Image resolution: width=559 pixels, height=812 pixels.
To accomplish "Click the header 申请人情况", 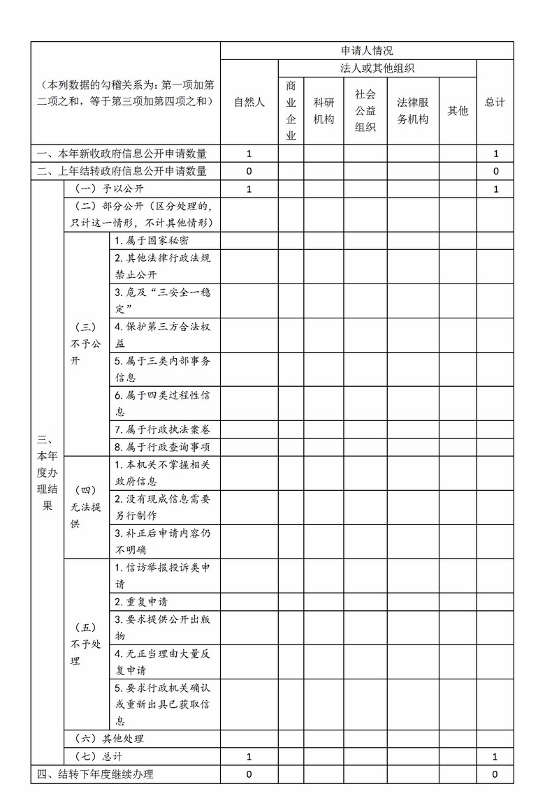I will pyautogui.click(x=367, y=50).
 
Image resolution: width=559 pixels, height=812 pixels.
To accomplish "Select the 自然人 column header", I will pyautogui.click(x=249, y=102).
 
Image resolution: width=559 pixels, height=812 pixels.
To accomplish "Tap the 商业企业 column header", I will pyautogui.click(x=291, y=110).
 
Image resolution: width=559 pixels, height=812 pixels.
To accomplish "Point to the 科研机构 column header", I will pyautogui.click(x=324, y=110).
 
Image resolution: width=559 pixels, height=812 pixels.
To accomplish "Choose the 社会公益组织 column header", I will pyautogui.click(x=365, y=110).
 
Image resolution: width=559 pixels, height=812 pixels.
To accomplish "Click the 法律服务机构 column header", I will pyautogui.click(x=413, y=110).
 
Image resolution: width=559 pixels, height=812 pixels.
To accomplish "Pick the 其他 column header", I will pyautogui.click(x=458, y=110).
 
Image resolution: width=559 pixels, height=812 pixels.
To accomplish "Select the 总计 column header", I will pyautogui.click(x=495, y=102).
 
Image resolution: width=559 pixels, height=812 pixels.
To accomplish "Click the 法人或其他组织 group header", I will pyautogui.click(x=377, y=68).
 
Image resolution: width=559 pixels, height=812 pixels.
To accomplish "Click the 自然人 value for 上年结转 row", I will pyautogui.click(x=249, y=171).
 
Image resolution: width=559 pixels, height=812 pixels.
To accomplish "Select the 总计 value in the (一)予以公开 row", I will pyautogui.click(x=495, y=189).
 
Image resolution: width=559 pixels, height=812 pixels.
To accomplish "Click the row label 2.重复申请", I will pyautogui.click(x=141, y=601).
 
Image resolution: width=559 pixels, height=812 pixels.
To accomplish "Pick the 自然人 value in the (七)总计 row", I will pyautogui.click(x=249, y=756).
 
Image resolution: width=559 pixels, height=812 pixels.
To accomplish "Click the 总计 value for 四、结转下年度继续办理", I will pyautogui.click(x=495, y=774).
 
